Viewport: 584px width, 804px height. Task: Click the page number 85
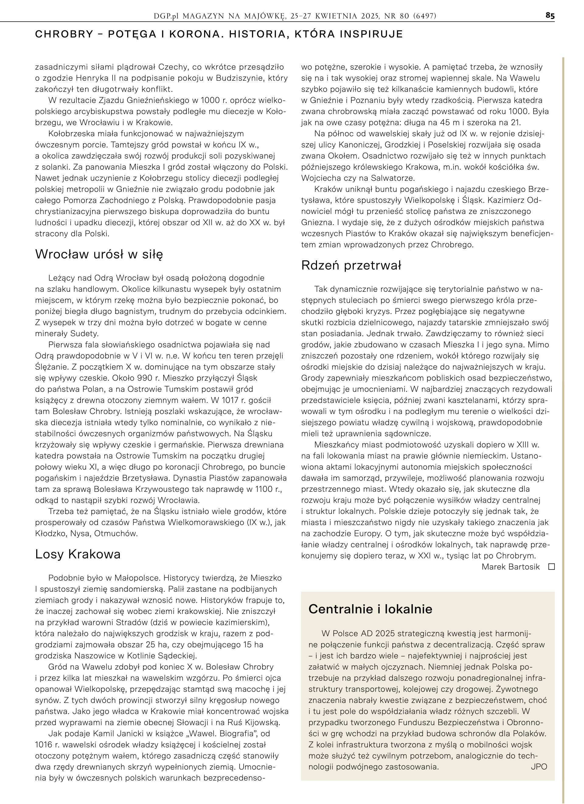pos(550,16)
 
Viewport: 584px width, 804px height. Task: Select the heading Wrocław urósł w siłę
pos(99,254)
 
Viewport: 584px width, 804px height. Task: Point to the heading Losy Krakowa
pos(78,554)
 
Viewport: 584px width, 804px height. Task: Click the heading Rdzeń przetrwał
pos(351,265)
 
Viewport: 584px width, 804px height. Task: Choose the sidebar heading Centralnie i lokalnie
pos(370,609)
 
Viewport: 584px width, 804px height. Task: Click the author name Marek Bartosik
pos(510,567)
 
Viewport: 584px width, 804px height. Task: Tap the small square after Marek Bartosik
pos(551,567)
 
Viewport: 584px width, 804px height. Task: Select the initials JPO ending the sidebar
pos(539,767)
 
